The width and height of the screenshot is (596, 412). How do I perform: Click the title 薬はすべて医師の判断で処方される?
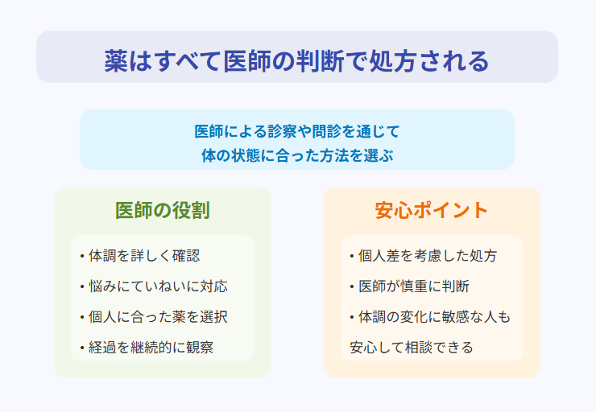297,61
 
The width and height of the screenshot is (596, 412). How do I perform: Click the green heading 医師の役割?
163,210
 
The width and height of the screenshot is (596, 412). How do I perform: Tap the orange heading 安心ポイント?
432,210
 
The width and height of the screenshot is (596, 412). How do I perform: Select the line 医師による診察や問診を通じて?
297,131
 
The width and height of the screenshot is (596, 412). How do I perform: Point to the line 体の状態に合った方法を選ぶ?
297,155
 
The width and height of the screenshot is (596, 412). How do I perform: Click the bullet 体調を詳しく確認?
140,256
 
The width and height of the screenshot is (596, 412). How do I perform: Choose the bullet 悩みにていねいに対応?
154,286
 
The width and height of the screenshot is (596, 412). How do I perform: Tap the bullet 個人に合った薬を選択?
154,317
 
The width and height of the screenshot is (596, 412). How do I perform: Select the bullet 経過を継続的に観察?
147,347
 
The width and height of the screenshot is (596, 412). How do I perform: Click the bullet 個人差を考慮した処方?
424,256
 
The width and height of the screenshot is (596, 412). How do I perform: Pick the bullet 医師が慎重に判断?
410,286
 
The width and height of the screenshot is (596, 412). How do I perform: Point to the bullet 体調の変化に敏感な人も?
430,317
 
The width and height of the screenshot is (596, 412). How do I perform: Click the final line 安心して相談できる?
412,347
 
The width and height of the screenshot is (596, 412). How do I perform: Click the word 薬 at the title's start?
116,61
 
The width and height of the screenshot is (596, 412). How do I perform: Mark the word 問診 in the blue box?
326,131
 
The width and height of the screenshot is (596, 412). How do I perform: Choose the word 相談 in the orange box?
420,347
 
